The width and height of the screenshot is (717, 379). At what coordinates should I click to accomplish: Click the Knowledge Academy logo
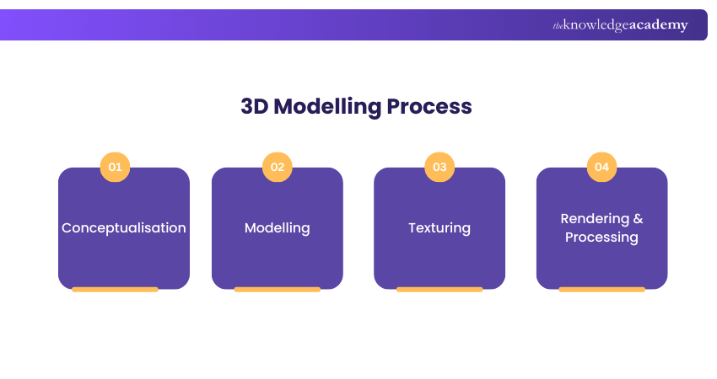point(620,25)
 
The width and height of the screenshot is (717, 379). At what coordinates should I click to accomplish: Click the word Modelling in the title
point(327,107)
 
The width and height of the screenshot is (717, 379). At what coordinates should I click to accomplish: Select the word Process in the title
point(429,106)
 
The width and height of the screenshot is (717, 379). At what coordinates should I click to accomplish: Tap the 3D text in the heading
point(254,106)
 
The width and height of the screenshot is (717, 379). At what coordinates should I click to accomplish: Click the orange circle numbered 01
point(115,167)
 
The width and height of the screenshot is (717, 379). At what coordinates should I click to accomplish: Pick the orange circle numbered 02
point(278,167)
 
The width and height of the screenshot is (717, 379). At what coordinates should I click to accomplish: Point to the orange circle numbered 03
point(439,167)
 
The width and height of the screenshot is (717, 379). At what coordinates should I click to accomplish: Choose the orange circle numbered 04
point(601,167)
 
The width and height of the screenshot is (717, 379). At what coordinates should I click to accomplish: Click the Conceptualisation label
point(124,228)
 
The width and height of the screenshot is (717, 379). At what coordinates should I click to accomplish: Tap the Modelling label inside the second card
point(278,228)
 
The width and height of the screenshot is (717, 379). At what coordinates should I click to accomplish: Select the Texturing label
point(439,228)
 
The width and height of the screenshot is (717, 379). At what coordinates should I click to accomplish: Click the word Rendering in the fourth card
point(595,219)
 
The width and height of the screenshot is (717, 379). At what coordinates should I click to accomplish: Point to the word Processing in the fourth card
point(601,238)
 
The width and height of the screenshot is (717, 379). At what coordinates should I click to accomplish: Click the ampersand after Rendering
point(639,219)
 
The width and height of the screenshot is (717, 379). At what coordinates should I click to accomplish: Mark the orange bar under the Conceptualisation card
point(115,290)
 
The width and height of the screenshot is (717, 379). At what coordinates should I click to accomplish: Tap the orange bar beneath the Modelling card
point(278,290)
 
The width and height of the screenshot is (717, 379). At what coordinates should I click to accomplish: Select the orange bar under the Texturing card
point(439,290)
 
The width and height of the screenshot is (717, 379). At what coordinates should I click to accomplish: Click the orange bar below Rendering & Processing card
point(601,290)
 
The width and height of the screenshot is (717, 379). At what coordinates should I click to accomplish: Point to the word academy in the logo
point(659,25)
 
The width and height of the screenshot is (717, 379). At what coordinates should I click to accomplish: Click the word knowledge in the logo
point(596,25)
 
